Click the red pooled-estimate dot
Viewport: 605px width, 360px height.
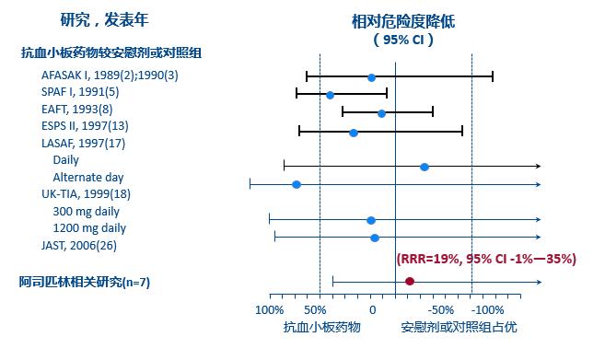[x=410, y=281]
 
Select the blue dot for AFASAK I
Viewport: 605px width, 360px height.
[x=371, y=78]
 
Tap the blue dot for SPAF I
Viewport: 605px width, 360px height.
[x=330, y=95]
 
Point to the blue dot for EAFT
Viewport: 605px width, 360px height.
[x=381, y=113]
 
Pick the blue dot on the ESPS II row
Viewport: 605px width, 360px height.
[x=354, y=133]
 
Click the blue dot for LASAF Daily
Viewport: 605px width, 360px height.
[x=424, y=167]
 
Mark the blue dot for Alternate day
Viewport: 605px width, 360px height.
[x=297, y=185]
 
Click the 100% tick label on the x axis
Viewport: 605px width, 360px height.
[x=269, y=309]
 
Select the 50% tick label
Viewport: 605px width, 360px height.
[x=315, y=309]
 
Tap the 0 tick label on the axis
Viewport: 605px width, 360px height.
[x=370, y=309]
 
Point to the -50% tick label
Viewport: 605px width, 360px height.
[x=440, y=309]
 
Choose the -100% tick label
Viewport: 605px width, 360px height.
[x=488, y=309]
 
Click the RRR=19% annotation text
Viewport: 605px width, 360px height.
[x=486, y=260]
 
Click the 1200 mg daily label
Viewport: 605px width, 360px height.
[x=89, y=228]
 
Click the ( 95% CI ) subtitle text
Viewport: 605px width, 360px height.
[x=403, y=40]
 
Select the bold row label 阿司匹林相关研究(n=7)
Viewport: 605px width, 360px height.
[x=85, y=282]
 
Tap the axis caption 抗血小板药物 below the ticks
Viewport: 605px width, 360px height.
[x=321, y=327]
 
